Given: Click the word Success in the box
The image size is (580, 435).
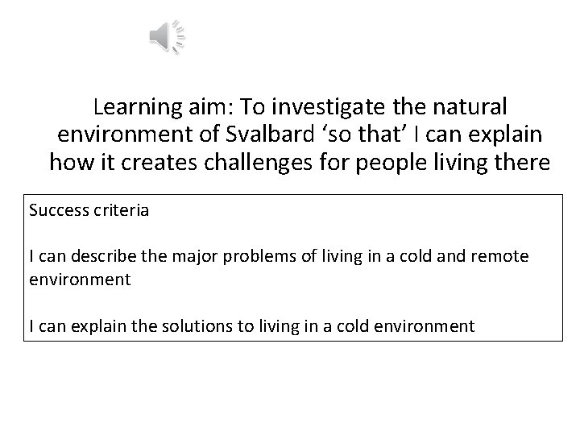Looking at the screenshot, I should click(x=55, y=212).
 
